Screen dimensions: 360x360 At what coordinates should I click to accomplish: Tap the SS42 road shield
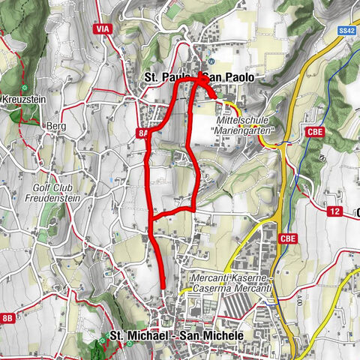click(346, 31)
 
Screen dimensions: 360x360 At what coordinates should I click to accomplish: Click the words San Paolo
click(229, 77)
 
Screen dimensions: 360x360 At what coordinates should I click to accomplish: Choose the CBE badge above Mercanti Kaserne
click(289, 238)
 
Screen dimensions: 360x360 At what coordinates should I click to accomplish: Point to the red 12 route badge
click(334, 211)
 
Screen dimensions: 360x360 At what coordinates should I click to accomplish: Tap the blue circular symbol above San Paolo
click(212, 61)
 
